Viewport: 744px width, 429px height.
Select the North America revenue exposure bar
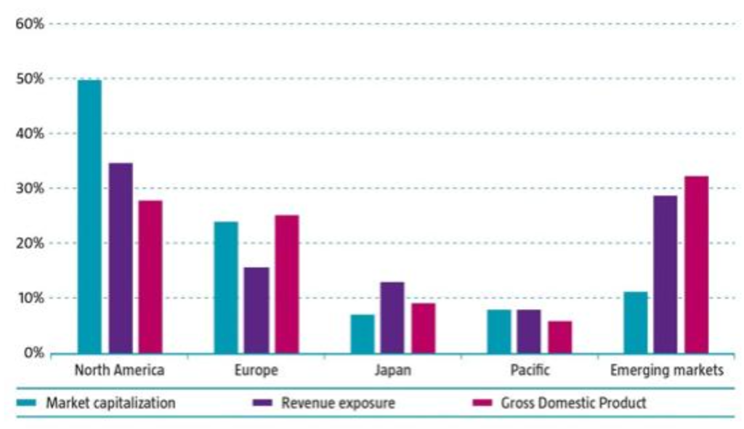coord(121,258)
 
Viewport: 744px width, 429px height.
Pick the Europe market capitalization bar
coord(226,287)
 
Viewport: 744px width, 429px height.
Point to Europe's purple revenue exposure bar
coord(256,310)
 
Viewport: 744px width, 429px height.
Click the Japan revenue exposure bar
coord(392,317)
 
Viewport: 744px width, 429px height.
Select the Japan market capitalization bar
coord(363,334)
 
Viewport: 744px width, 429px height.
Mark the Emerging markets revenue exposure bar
coord(665,274)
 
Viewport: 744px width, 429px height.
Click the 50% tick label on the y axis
coord(30,79)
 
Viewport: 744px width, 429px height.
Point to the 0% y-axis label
coord(33,353)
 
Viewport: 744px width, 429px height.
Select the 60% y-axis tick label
coord(30,24)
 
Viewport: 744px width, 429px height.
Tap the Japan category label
coord(392,371)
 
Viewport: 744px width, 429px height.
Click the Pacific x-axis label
coord(529,371)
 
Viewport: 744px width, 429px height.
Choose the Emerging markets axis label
coord(667,371)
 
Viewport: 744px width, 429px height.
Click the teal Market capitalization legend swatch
coord(28,403)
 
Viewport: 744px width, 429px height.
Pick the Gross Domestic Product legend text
coord(573,403)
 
